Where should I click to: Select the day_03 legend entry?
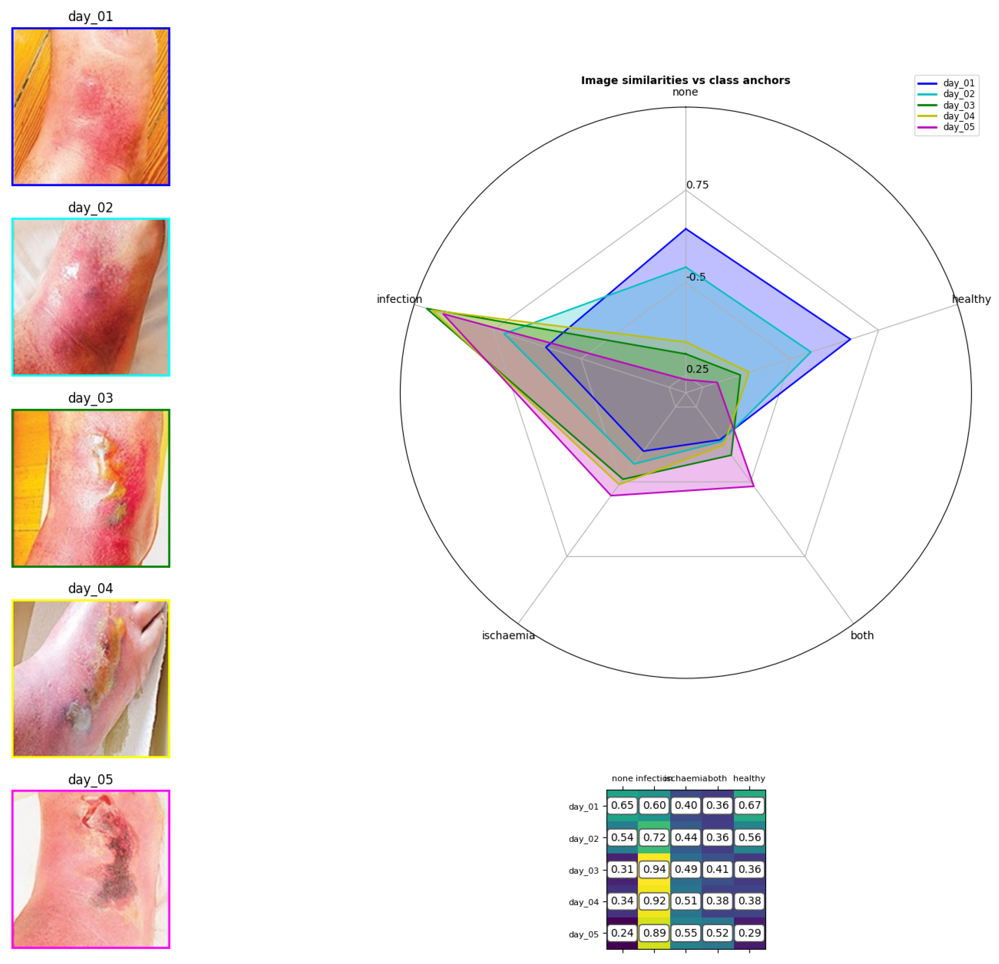tap(958, 105)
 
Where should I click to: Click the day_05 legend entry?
tap(958, 127)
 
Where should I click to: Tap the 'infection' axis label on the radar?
tap(399, 299)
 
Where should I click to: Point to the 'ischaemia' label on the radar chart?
tap(508, 635)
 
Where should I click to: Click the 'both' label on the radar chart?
tap(862, 635)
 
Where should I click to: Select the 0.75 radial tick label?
tap(697, 185)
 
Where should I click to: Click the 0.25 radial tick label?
tap(697, 369)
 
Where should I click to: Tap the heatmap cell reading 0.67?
tap(749, 805)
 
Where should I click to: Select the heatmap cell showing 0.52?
tap(718, 933)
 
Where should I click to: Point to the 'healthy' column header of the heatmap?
tap(749, 778)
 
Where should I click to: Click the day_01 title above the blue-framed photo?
tap(91, 16)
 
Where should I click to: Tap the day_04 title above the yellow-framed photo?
tap(91, 589)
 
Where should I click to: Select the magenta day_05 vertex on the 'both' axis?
tap(753, 486)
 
